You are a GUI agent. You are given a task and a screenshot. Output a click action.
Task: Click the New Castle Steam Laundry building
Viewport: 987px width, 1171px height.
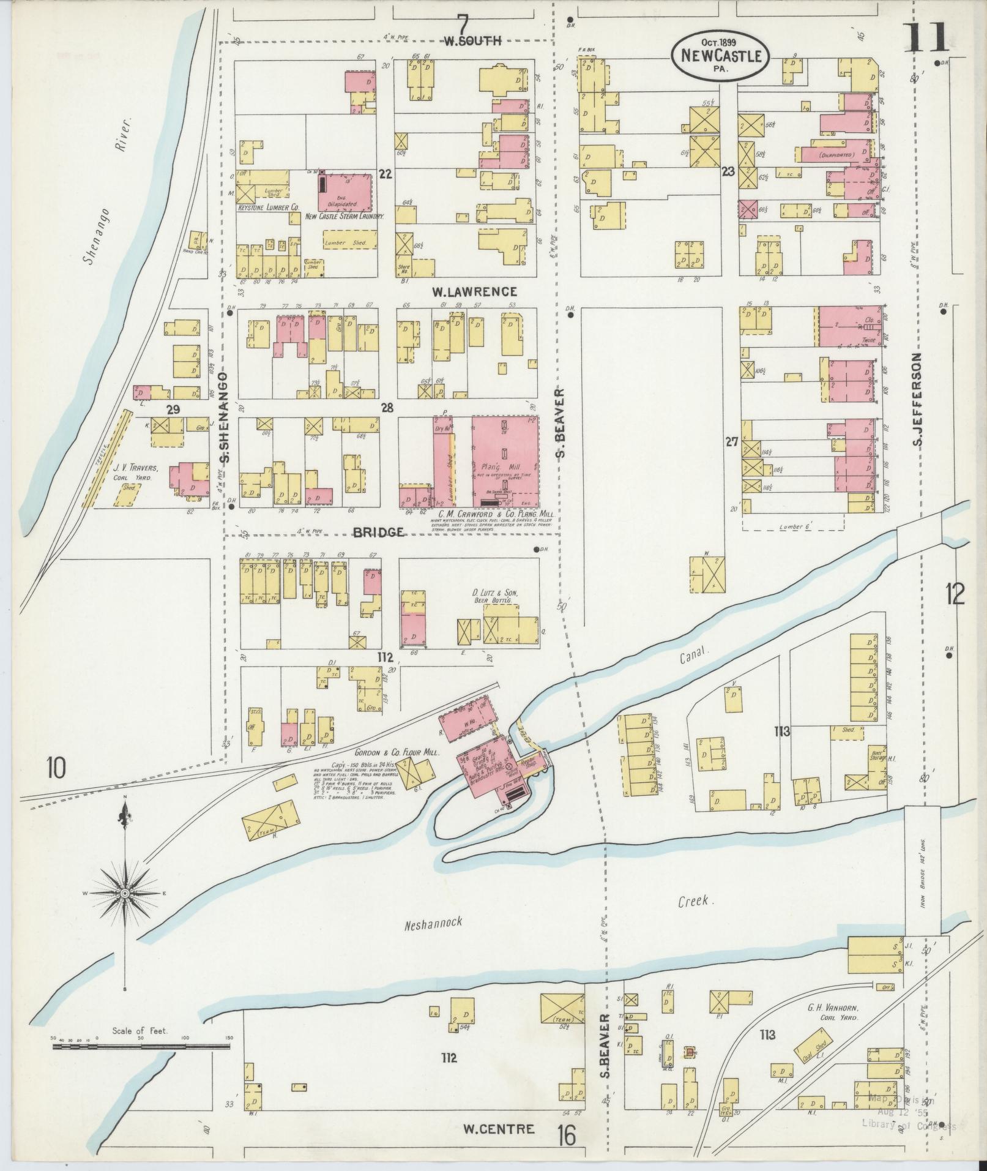[346, 193]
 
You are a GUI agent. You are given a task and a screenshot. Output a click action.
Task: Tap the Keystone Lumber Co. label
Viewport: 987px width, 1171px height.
[268, 208]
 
